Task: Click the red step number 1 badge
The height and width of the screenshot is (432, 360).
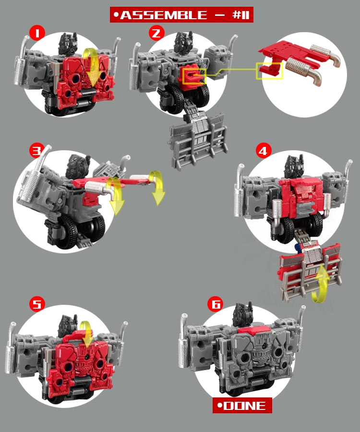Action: (37, 33)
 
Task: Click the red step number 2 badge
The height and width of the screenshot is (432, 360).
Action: (156, 33)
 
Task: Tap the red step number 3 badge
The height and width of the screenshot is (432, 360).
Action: (37, 151)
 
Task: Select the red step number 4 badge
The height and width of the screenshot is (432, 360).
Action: (264, 151)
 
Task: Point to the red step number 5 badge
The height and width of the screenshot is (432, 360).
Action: (37, 304)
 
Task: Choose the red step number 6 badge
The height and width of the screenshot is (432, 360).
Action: (216, 304)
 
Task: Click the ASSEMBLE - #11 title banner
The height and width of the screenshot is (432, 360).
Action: (181, 14)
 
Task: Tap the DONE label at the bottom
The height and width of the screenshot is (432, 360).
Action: (242, 405)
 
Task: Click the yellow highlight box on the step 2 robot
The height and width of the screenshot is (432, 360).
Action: (194, 76)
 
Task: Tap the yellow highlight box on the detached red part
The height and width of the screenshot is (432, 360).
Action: (269, 71)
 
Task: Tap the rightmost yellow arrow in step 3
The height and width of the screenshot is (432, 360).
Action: (157, 187)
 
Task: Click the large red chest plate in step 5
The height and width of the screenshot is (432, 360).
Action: (80, 364)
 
